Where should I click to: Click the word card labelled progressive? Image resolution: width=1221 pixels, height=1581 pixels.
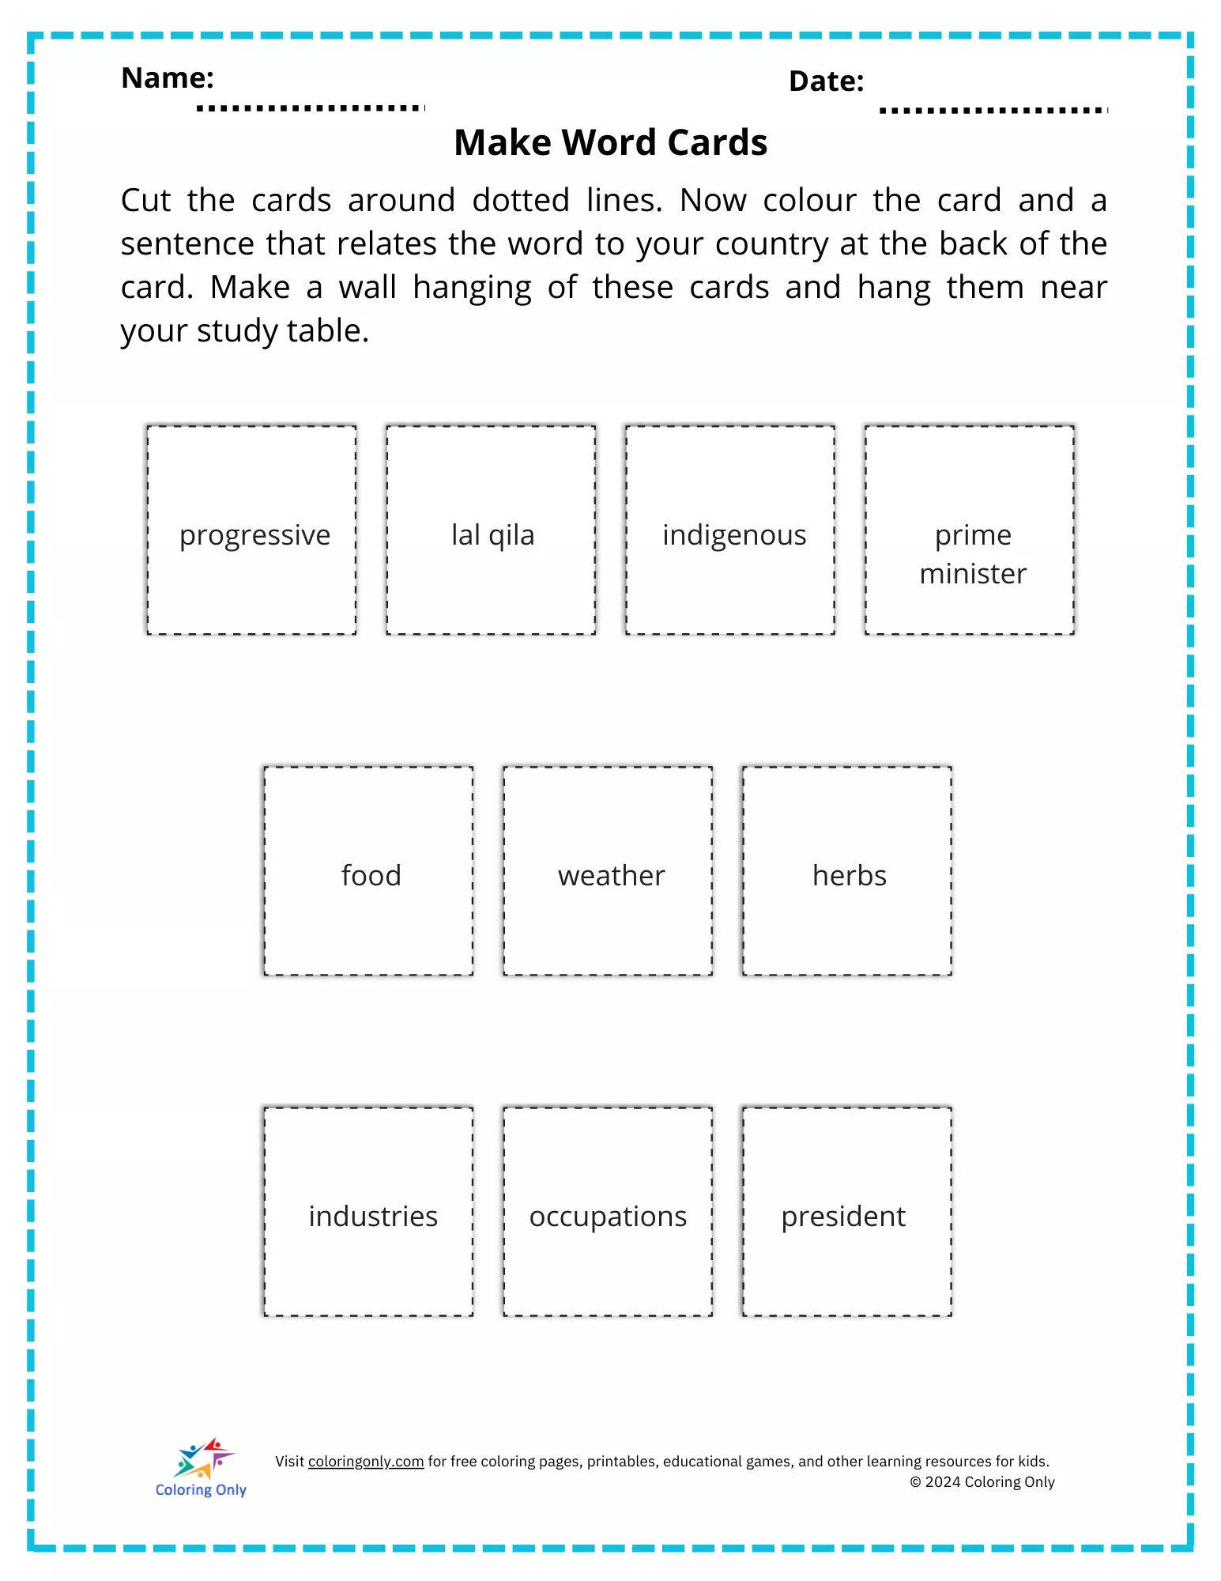pos(251,530)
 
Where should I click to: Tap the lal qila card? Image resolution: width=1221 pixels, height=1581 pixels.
pos(491,530)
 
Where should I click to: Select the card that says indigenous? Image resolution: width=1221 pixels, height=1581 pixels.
pos(730,530)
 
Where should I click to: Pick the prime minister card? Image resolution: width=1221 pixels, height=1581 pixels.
pos(970,530)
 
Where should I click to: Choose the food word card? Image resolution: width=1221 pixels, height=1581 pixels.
pos(368,871)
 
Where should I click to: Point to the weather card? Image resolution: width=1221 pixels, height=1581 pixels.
pos(608,871)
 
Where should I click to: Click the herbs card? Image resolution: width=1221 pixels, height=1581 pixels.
pos(847,871)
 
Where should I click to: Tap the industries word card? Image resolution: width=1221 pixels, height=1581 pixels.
pos(368,1212)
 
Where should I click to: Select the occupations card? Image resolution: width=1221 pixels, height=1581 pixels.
pos(608,1212)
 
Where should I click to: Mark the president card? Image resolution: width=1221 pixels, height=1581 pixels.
pos(847,1212)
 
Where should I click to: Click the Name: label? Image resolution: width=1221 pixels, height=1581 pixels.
pos(168,78)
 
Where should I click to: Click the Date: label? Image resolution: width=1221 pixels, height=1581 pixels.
pos(826,81)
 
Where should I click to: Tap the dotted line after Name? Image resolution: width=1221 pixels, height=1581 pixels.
pos(311,108)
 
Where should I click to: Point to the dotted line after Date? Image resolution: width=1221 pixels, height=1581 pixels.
pos(993,111)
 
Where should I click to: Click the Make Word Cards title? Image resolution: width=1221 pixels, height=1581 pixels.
pos(610,143)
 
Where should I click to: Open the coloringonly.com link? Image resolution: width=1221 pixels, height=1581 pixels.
pos(366,1462)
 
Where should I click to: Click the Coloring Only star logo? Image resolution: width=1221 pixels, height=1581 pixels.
pos(203,1458)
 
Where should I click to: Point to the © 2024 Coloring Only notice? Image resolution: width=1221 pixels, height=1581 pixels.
pos(982,1482)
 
